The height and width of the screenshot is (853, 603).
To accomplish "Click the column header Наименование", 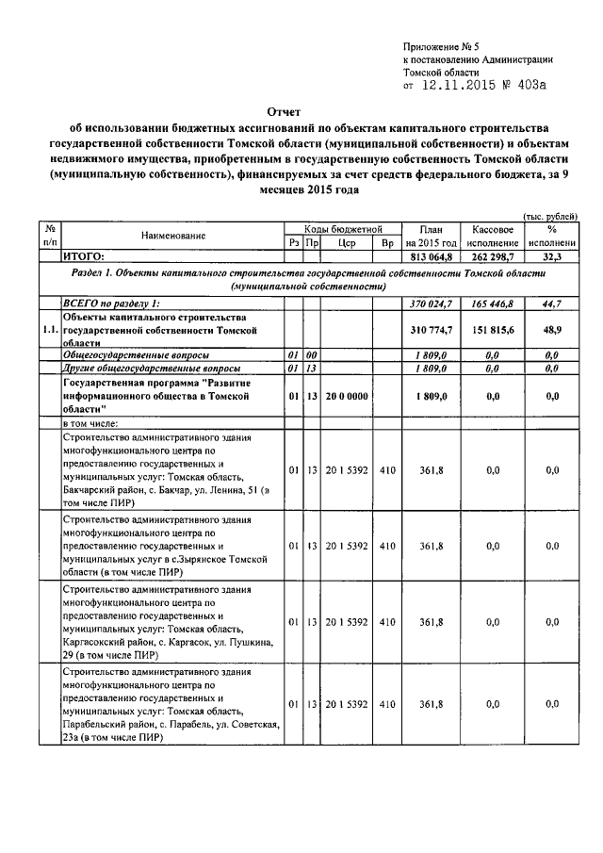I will coord(174,236).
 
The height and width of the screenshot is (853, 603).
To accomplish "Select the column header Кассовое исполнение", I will coord(491,236).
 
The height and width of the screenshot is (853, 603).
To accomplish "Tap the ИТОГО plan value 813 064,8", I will coord(431,255).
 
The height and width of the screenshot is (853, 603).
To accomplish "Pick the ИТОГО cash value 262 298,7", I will coord(491,255).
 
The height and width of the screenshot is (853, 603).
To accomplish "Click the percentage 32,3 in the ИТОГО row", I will coord(552,255).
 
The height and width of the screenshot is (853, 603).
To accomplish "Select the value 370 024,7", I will coord(431,303).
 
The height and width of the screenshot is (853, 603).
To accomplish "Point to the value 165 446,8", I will coord(491,303).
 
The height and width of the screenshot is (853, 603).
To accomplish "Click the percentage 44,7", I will coord(552,303).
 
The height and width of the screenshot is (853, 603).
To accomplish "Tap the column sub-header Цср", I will coord(347,243).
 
